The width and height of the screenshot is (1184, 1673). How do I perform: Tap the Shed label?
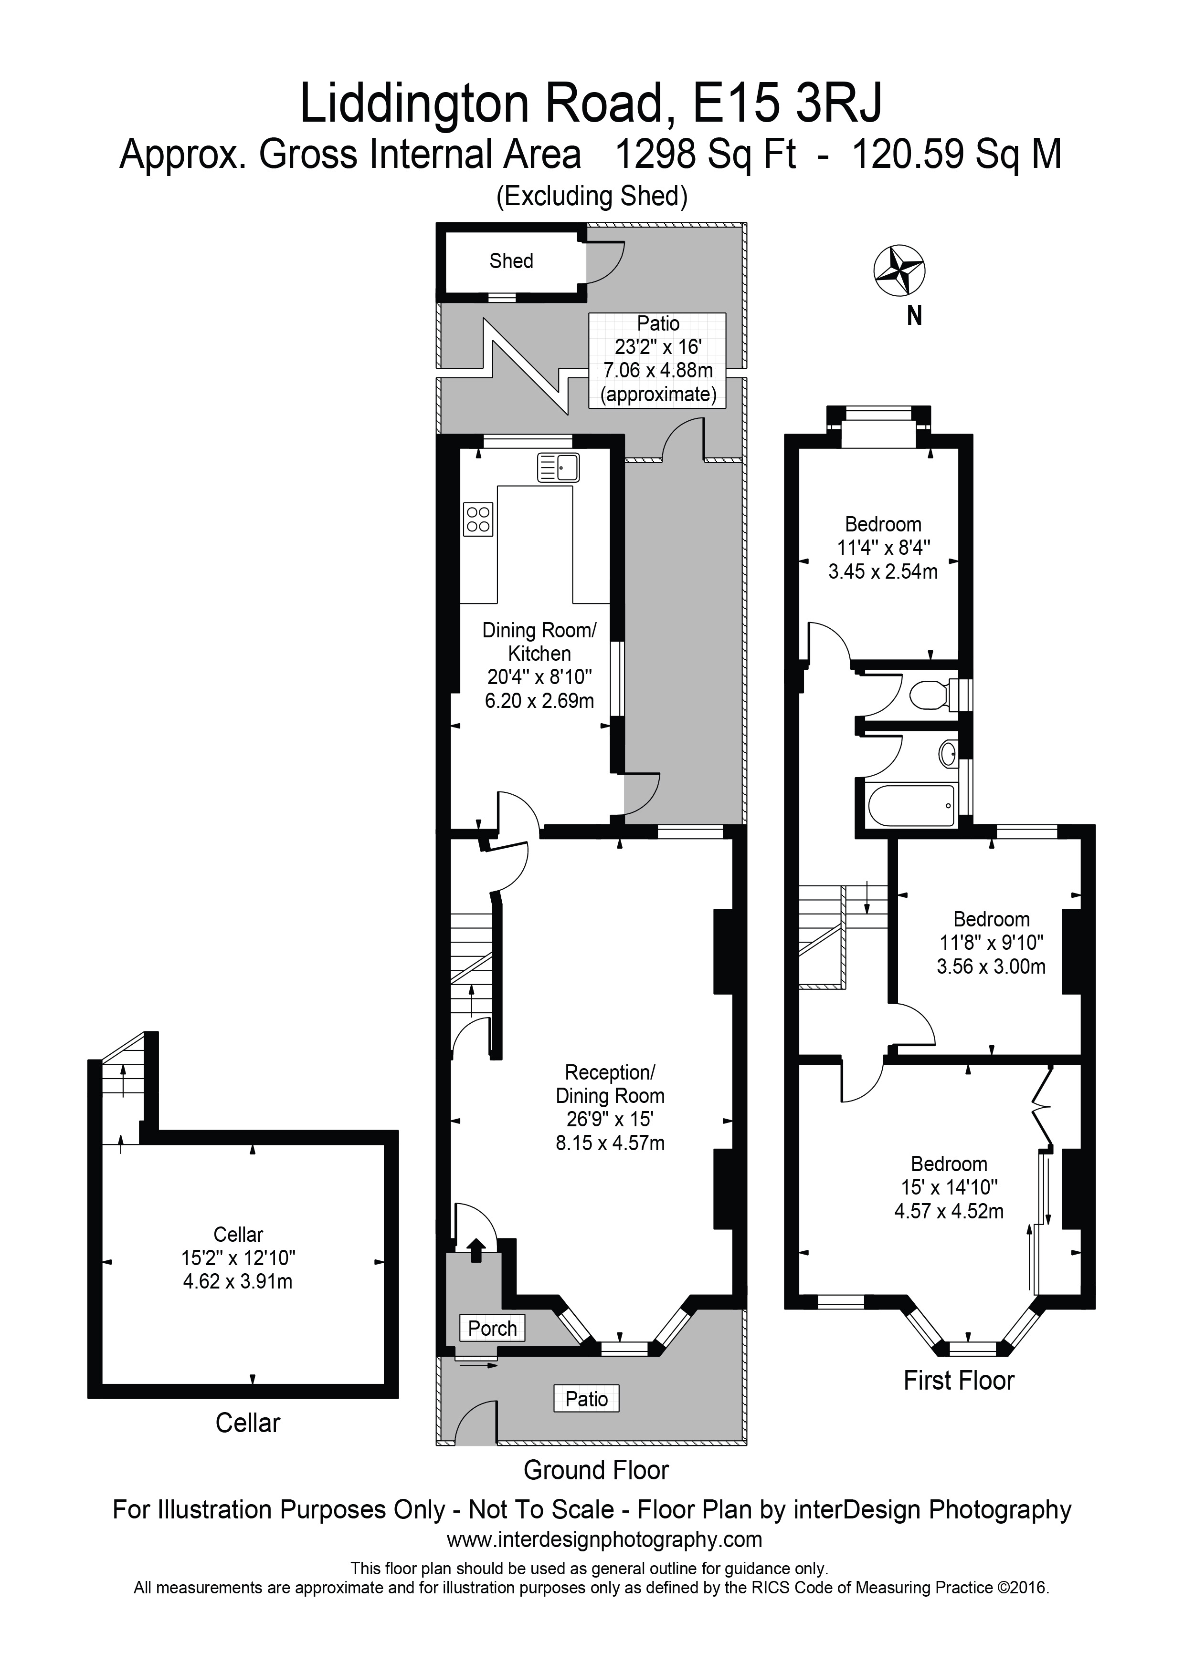point(511,261)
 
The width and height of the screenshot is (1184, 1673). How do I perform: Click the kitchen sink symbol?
point(559,467)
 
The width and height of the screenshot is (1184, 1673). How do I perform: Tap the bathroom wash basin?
point(948,753)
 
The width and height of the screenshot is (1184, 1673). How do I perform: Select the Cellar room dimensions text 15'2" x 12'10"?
point(238,1257)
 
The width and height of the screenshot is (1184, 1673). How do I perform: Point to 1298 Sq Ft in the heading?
point(705,155)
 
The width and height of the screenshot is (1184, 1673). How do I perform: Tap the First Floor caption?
point(958,1380)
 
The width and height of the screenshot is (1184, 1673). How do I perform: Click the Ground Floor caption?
point(596,1470)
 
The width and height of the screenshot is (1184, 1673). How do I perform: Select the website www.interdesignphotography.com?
point(604,1539)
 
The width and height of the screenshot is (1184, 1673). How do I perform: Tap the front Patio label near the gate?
point(586,1398)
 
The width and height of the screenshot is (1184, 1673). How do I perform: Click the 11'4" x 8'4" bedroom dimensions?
point(883,548)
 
